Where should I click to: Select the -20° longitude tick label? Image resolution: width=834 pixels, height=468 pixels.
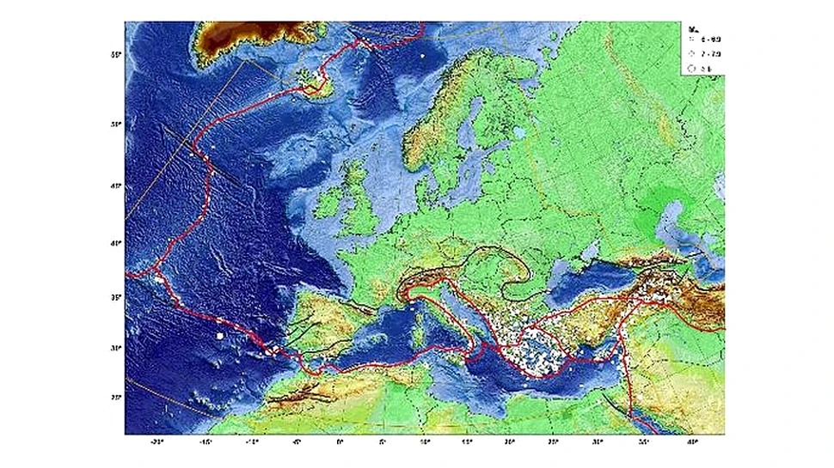click(157, 444)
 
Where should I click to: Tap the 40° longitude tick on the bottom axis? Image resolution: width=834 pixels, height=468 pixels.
click(691, 444)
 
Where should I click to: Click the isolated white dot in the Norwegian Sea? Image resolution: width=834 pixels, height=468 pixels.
click(423, 57)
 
